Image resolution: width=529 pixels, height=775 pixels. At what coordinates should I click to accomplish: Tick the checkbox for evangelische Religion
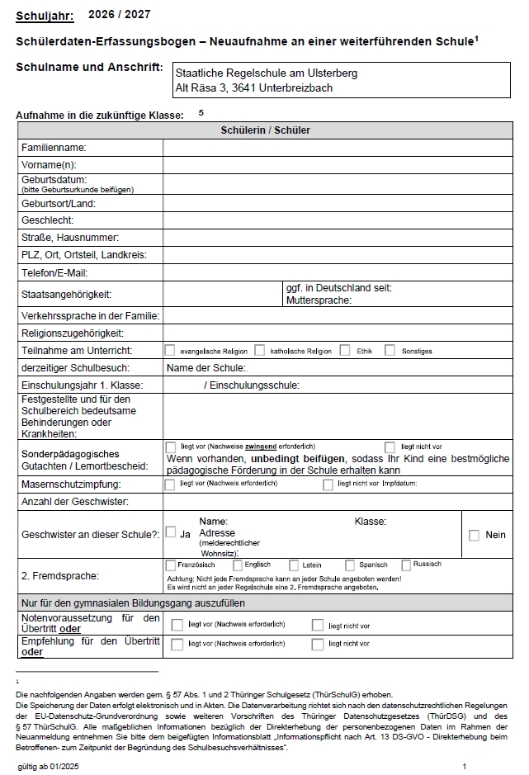[170, 350]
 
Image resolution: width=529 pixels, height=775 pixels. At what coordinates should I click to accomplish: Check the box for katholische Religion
[260, 350]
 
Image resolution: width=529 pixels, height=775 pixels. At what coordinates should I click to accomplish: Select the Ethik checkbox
[345, 350]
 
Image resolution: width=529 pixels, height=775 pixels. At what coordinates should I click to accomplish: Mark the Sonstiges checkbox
[390, 350]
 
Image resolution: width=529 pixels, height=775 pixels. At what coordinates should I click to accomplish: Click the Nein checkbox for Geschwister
[474, 535]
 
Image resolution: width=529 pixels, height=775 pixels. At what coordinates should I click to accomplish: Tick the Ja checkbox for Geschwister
[171, 532]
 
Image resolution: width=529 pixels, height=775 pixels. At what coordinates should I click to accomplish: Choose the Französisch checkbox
[171, 565]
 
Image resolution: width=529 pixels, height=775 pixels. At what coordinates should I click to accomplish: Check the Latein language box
[294, 565]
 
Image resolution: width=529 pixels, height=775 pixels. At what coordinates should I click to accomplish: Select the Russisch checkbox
[406, 565]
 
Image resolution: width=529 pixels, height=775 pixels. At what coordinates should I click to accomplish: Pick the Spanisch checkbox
[350, 565]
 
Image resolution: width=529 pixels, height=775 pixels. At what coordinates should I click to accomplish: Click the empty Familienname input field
[337, 148]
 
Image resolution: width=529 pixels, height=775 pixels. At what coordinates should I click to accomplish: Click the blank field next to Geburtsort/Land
[337, 203]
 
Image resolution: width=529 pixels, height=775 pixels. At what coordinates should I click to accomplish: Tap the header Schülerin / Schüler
[265, 130]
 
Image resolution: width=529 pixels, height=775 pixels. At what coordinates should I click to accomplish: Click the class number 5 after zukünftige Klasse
[201, 112]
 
